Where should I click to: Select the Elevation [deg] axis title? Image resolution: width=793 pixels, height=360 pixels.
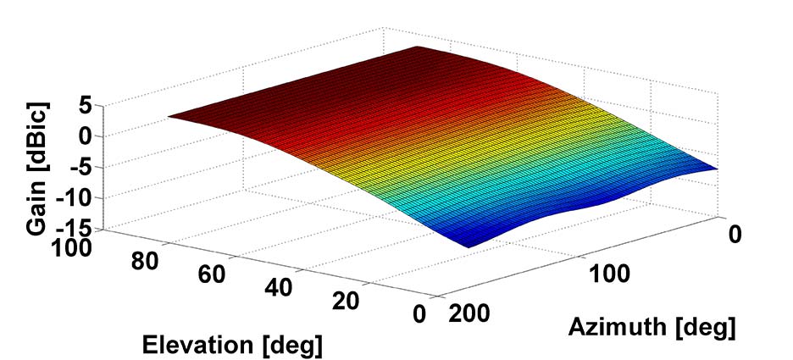pos(234,344)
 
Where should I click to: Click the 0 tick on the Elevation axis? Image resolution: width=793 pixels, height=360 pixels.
pos(419,313)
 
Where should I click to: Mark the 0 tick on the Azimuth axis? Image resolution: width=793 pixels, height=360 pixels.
pos(735,232)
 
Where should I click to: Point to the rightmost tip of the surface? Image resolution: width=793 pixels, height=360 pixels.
pos(718,169)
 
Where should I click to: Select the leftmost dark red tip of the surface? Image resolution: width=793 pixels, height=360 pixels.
pos(169,117)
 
